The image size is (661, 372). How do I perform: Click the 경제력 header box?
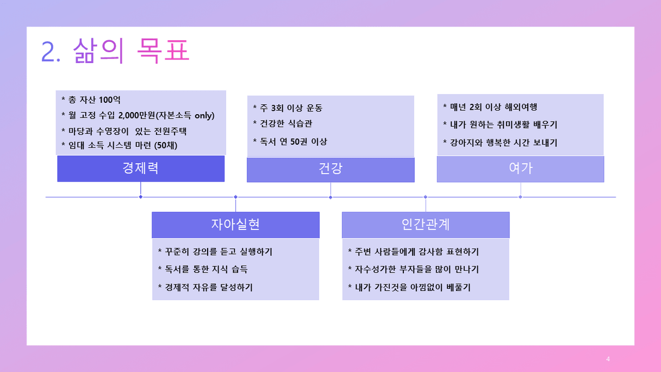coord(141,169)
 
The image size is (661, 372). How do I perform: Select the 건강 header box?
coord(330,170)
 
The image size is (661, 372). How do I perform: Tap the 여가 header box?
coord(521,169)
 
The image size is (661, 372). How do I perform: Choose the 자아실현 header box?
coord(235,225)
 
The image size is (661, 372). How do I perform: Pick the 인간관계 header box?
coord(426,225)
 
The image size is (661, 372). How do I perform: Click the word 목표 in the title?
coord(163,51)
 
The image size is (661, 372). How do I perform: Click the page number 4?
coord(608,359)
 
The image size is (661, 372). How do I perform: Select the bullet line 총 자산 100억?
coord(91,100)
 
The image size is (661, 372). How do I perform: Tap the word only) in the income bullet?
coord(204,115)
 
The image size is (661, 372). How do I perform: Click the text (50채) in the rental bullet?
coord(166,145)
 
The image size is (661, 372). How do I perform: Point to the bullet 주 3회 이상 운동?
coord(288,108)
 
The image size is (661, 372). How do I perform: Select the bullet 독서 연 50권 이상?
coord(290,142)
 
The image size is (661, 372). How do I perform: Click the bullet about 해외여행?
coord(490,107)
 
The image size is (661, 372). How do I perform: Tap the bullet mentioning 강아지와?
coord(500,143)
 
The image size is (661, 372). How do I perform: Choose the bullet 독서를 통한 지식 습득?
coord(203,269)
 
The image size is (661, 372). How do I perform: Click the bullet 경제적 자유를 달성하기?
coord(205,287)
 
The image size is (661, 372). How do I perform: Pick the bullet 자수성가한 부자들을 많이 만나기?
coord(414,269)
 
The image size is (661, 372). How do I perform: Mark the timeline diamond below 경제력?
coord(141,197)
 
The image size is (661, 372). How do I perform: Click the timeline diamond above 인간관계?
coord(425,197)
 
